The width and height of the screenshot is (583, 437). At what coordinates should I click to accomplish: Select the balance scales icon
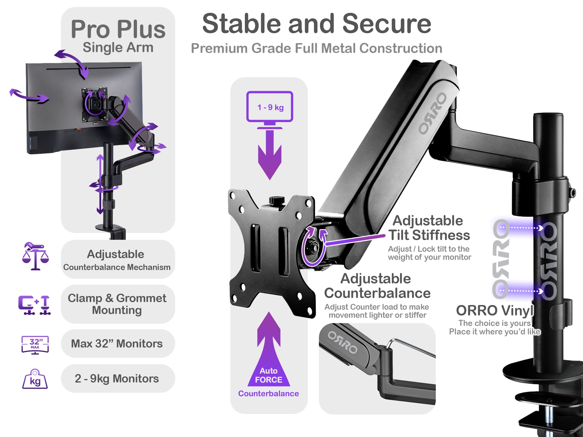[35, 256]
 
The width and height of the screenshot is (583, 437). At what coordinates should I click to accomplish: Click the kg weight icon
[35, 379]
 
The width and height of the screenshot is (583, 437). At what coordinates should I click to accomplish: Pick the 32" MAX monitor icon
[35, 345]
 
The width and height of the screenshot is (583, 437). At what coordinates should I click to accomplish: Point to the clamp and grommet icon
[34, 305]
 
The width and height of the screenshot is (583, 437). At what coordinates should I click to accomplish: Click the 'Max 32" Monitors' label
[117, 344]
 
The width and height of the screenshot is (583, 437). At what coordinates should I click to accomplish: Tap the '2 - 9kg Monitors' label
[117, 378]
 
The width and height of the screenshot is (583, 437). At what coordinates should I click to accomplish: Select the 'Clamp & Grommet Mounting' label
[117, 304]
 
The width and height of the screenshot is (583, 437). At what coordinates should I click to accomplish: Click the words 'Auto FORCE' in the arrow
[268, 375]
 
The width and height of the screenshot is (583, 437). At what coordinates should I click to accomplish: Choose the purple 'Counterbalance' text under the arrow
[268, 394]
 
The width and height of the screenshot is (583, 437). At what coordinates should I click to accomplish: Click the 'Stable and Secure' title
[317, 24]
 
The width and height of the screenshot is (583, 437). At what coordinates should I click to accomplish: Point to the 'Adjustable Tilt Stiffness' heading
[429, 228]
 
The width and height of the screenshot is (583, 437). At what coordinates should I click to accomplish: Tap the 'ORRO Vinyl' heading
[495, 311]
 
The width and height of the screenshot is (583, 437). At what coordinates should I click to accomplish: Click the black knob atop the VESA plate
[277, 200]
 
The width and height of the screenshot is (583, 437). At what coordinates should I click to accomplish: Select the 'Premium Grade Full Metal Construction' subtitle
[317, 48]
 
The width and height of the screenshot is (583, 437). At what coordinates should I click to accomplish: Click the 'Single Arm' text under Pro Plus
[118, 47]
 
